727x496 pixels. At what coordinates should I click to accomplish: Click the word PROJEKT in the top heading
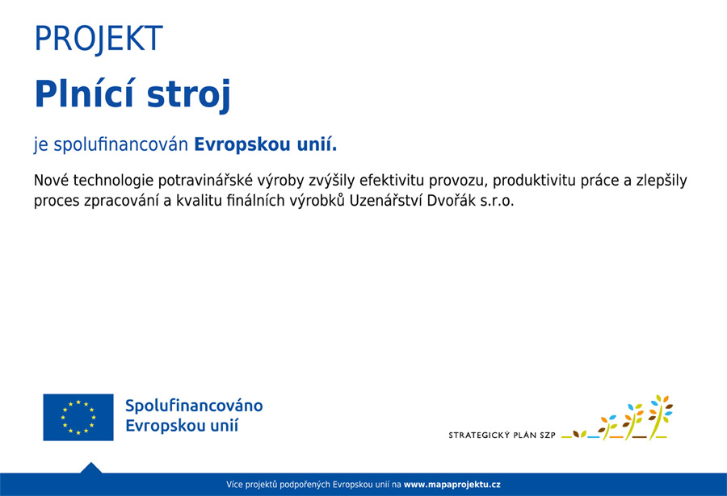pyautogui.click(x=98, y=39)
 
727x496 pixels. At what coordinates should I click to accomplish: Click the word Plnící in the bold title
pyautogui.click(x=83, y=94)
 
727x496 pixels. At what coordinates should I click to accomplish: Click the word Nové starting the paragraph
pyautogui.click(x=51, y=181)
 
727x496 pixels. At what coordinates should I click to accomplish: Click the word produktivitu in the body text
pyautogui.click(x=531, y=181)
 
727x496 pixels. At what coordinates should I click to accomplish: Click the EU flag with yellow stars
pyautogui.click(x=78, y=417)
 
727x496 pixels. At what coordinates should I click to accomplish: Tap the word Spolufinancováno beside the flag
pyautogui.click(x=194, y=406)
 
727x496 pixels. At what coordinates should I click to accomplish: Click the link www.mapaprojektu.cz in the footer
pyautogui.click(x=452, y=485)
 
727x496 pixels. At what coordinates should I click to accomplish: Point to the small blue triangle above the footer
pyautogui.click(x=90, y=468)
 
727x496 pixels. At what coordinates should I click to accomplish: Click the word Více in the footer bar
pyautogui.click(x=234, y=485)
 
